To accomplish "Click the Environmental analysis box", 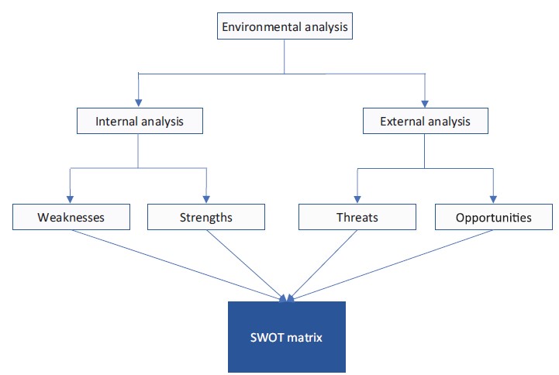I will (x=285, y=28).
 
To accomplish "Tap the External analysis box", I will (x=424, y=122).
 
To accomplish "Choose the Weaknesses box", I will (x=71, y=217).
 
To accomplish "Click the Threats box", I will (x=357, y=217).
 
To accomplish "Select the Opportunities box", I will (x=494, y=217).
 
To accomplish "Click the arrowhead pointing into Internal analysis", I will (x=138, y=102).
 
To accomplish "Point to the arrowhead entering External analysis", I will (x=425, y=102).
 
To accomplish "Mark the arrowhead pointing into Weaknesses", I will (x=71, y=198).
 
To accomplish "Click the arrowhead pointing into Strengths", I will (x=206, y=198).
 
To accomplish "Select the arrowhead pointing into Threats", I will (x=357, y=198).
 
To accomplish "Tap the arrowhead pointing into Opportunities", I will (x=493, y=198).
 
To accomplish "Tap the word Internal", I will (x=114, y=122).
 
